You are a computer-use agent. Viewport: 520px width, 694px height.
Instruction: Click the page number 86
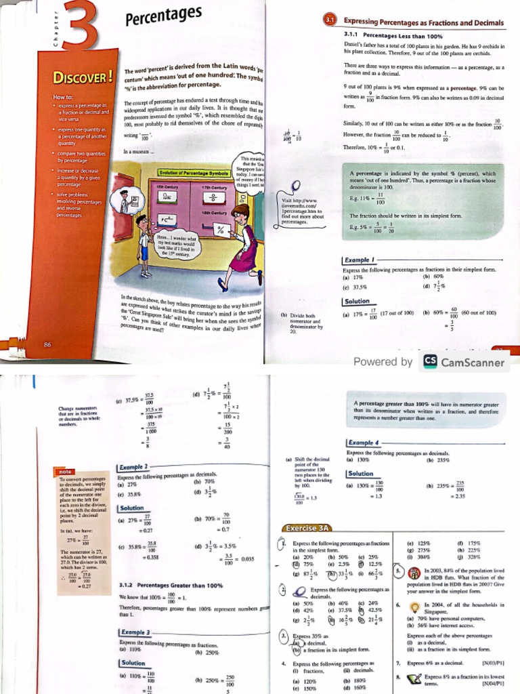(x=47, y=344)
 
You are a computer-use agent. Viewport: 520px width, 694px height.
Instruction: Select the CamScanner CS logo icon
(x=430, y=361)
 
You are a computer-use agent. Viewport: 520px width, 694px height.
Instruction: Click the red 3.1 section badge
(x=330, y=22)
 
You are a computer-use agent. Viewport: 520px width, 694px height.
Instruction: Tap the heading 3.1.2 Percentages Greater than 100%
(x=166, y=585)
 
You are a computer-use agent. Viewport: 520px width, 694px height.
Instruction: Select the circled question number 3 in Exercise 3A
(x=284, y=637)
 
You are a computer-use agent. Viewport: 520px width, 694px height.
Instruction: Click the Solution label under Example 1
(x=357, y=301)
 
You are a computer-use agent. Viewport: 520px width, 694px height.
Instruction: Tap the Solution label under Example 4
(x=360, y=474)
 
